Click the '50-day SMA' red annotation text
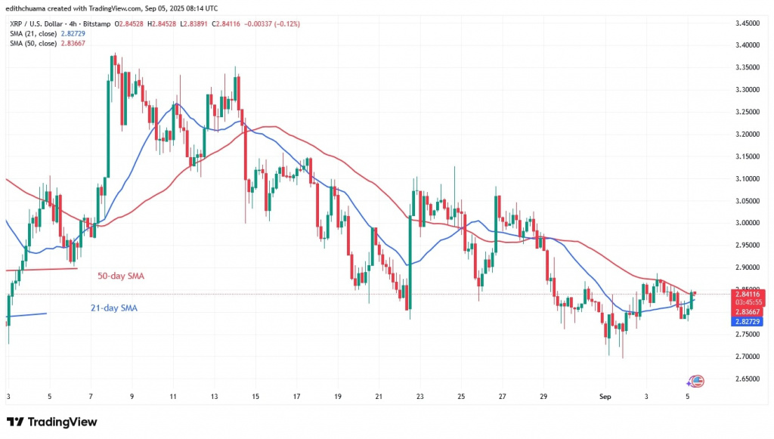121,276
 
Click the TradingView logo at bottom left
51,421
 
